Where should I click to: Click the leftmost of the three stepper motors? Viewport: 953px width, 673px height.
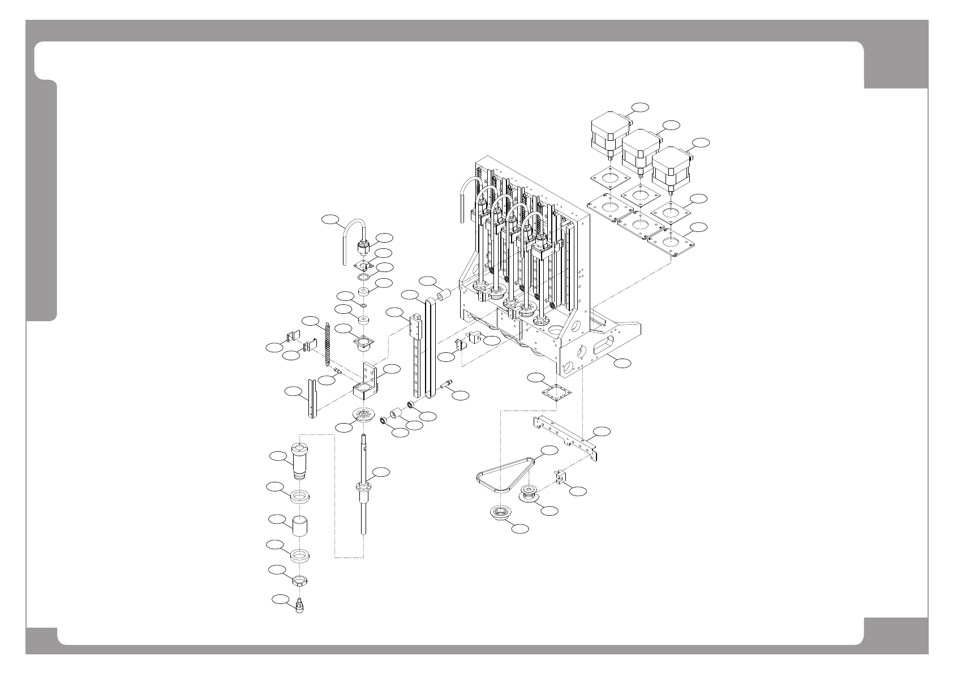coord(609,136)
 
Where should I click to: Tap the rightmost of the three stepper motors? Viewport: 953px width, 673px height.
coord(671,170)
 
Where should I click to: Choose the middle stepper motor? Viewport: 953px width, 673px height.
coord(640,152)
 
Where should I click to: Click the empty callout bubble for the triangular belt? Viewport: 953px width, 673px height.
coord(548,450)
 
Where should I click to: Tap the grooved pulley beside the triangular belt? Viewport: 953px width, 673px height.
coord(530,493)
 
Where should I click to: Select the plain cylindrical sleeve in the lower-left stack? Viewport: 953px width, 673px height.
coord(300,526)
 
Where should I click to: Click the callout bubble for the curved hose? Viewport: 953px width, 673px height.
coord(330,219)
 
